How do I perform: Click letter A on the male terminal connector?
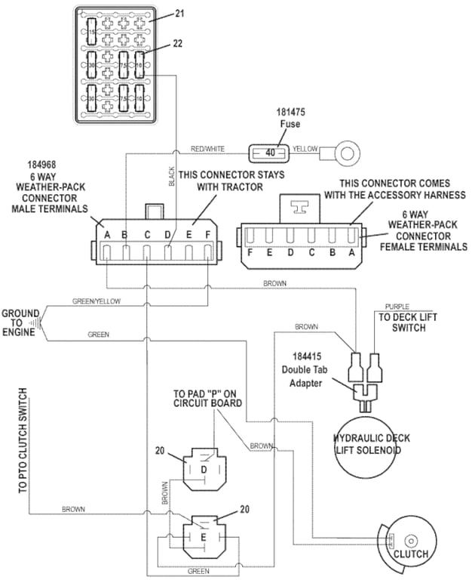108,235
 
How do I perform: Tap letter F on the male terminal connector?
208,235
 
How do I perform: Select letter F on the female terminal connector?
250,252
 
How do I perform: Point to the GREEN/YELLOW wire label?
97,301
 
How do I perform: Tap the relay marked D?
203,470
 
